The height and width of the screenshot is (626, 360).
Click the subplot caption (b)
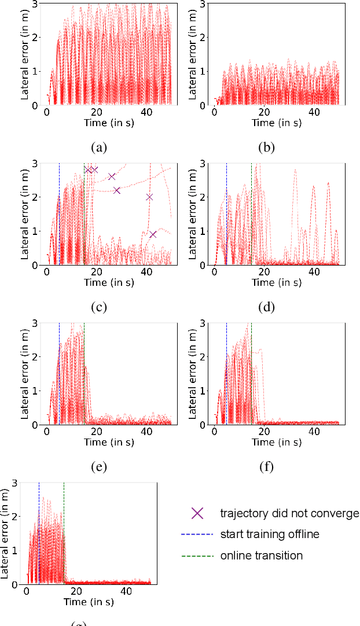[x=267, y=148]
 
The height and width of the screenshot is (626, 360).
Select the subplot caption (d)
[x=267, y=307]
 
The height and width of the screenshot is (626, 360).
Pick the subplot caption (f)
[x=267, y=467]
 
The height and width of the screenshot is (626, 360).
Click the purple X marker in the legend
[x=198, y=513]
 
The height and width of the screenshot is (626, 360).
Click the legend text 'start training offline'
[x=270, y=535]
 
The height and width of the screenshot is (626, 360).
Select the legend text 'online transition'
[x=261, y=555]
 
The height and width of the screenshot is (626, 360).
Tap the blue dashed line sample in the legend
[x=198, y=535]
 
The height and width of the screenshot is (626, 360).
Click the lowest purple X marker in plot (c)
[x=153, y=234]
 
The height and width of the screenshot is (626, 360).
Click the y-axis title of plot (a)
[x=25, y=55]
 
